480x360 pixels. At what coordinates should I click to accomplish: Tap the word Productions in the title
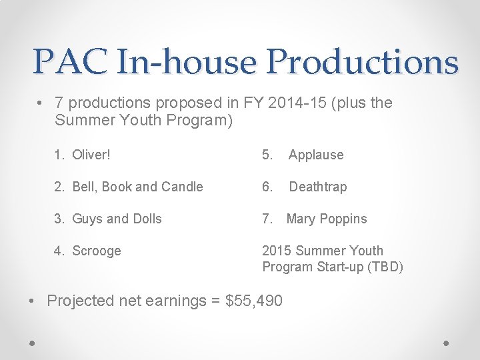click(362, 62)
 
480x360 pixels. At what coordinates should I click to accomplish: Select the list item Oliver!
click(91, 155)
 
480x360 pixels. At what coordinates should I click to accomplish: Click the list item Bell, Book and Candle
click(137, 187)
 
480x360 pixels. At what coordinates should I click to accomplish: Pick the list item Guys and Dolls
click(117, 219)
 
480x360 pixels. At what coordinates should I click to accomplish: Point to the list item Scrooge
click(97, 251)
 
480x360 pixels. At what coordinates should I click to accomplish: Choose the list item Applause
click(316, 155)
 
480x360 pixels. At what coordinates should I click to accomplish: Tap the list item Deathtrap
click(317, 187)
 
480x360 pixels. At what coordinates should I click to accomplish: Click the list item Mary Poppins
click(326, 219)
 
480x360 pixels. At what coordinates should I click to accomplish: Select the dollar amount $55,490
click(255, 301)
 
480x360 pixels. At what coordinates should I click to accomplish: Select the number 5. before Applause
click(267, 155)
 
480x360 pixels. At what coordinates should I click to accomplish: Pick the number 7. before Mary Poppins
click(267, 219)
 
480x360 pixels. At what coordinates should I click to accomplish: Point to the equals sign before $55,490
click(217, 301)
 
